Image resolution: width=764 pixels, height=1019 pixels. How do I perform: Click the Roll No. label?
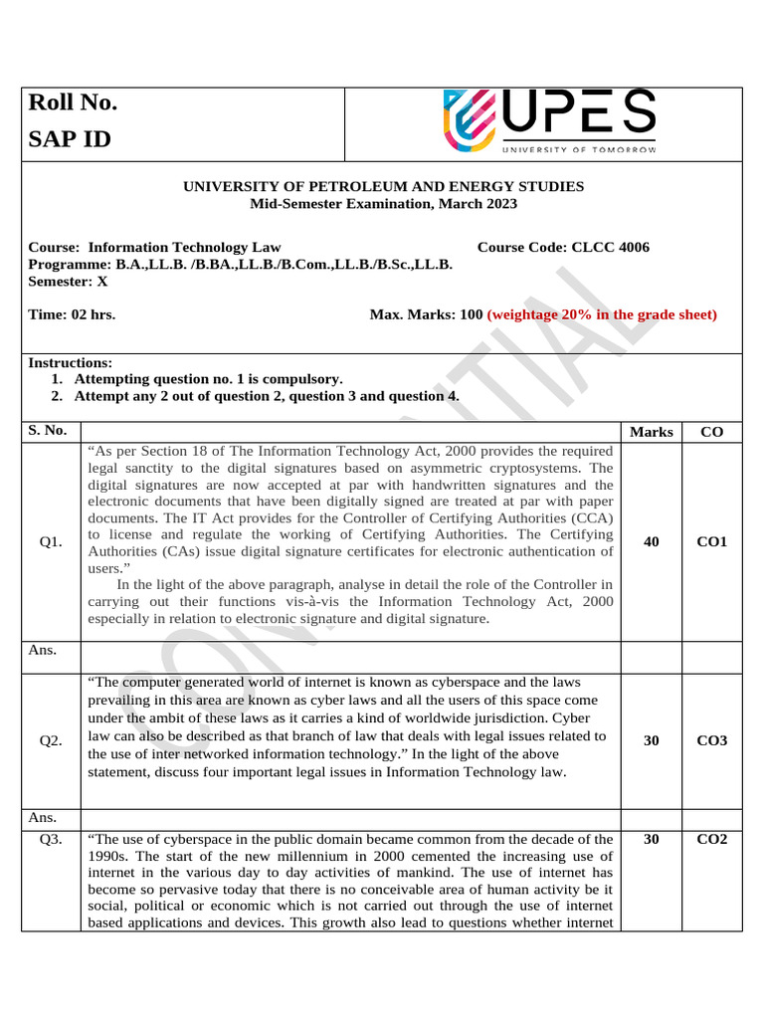(x=73, y=103)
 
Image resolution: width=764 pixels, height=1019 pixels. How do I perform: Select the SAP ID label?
(x=70, y=139)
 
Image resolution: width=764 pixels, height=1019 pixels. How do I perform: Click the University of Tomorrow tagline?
(x=579, y=150)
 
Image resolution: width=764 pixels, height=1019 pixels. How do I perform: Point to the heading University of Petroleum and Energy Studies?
(x=383, y=187)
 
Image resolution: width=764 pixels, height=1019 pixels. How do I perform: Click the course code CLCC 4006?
(x=563, y=248)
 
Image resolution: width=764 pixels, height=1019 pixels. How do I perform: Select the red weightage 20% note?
(x=602, y=314)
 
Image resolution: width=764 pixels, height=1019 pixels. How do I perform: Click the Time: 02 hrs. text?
(x=72, y=314)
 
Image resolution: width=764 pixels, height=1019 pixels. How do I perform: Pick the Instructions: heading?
(x=70, y=363)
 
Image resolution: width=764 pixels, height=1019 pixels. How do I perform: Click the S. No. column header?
(x=48, y=431)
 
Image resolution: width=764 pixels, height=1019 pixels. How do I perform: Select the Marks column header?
(x=652, y=432)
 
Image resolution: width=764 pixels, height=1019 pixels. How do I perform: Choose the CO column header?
(x=712, y=432)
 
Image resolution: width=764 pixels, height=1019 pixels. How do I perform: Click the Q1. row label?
(x=51, y=542)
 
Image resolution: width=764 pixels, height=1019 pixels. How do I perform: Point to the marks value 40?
(x=652, y=541)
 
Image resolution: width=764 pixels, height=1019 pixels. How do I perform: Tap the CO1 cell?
(x=712, y=541)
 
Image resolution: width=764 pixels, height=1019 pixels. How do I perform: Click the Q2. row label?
(x=51, y=741)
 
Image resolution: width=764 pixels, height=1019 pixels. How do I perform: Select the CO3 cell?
(x=712, y=741)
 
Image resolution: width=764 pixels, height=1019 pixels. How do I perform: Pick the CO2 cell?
(x=712, y=840)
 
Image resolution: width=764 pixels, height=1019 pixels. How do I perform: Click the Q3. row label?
(x=51, y=840)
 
